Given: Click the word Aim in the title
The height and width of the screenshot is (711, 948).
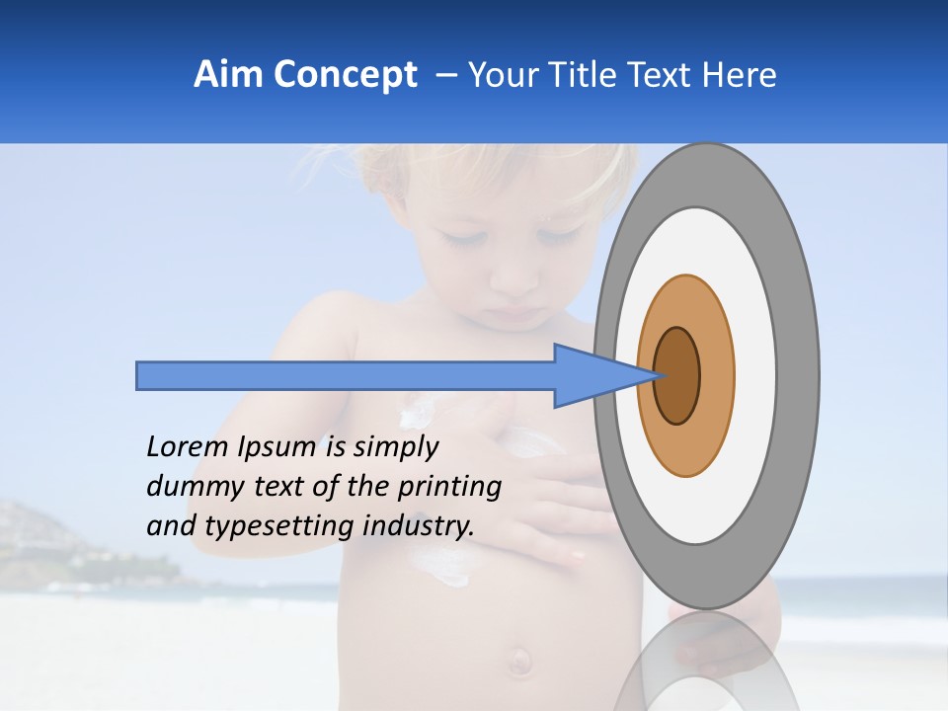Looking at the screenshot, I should (x=229, y=75).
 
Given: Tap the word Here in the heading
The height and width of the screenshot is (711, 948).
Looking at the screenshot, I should (x=740, y=75).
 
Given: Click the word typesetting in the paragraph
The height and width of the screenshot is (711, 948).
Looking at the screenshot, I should (x=280, y=525).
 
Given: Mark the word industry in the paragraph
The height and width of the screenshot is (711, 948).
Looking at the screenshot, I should (x=419, y=525).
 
